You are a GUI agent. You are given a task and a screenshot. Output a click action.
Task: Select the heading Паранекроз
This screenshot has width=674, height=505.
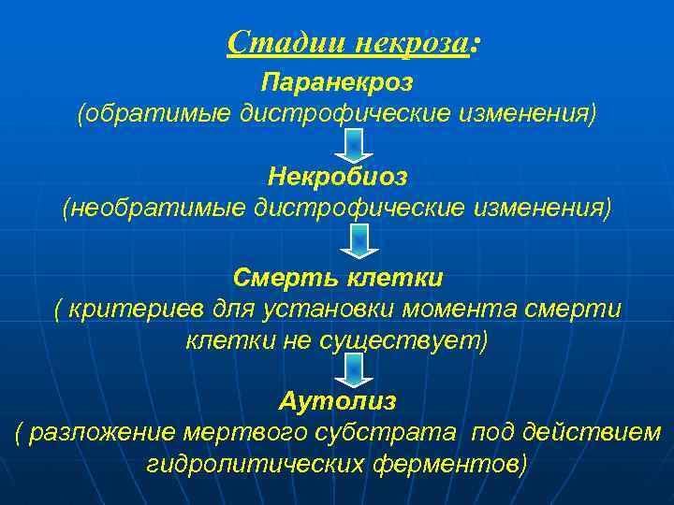337,81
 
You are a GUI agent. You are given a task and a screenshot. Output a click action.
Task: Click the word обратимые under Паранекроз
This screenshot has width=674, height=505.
155,115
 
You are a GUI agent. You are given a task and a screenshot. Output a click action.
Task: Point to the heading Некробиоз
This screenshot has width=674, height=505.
337,175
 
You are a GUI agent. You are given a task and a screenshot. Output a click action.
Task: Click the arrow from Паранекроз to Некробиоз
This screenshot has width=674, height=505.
354,144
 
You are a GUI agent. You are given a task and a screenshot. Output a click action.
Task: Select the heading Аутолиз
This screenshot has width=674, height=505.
337,401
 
